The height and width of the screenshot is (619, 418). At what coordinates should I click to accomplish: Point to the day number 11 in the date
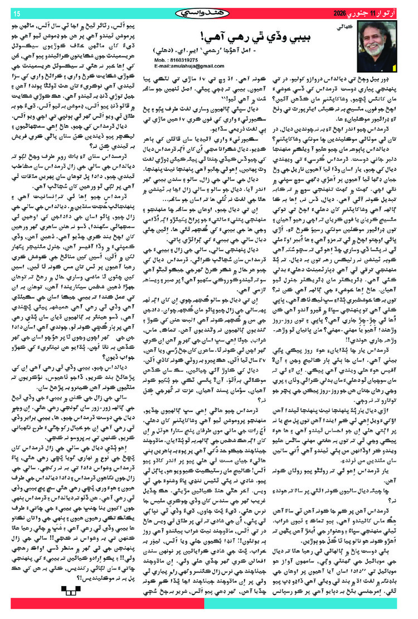point(366,13)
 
